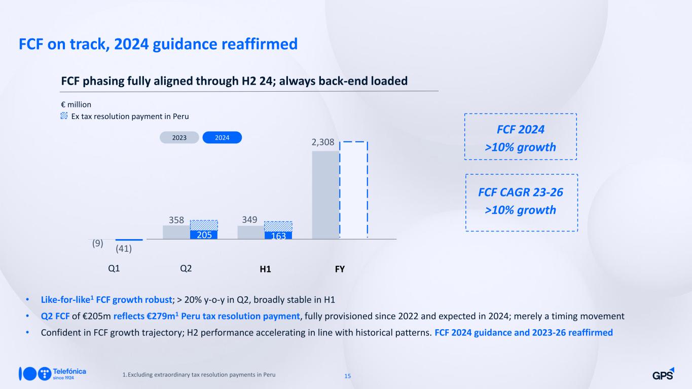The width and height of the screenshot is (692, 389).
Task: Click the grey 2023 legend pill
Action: (179, 137)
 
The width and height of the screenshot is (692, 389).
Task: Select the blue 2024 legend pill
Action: (222, 137)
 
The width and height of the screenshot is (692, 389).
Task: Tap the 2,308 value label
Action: (323, 142)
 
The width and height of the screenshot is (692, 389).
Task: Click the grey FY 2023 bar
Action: (325, 195)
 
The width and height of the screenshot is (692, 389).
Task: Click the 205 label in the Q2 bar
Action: (204, 235)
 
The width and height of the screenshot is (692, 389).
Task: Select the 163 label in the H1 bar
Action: (278, 236)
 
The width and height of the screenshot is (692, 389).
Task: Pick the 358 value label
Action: (176, 220)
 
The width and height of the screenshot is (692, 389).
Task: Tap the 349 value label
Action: (249, 219)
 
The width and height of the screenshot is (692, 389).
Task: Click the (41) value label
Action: (124, 249)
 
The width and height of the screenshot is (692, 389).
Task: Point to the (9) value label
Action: (98, 243)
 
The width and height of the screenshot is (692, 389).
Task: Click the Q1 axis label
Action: (114, 268)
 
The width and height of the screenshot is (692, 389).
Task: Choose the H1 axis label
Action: (265, 269)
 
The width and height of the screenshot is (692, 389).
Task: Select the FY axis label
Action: (340, 269)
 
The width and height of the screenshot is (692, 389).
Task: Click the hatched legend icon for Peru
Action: (64, 116)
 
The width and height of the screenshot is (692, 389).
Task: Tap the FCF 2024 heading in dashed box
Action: (521, 129)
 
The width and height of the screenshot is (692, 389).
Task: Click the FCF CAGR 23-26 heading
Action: (521, 192)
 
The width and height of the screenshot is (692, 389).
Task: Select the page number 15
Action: (348, 376)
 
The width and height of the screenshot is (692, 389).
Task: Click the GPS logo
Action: (663, 374)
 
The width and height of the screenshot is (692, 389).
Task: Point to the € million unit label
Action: (76, 105)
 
